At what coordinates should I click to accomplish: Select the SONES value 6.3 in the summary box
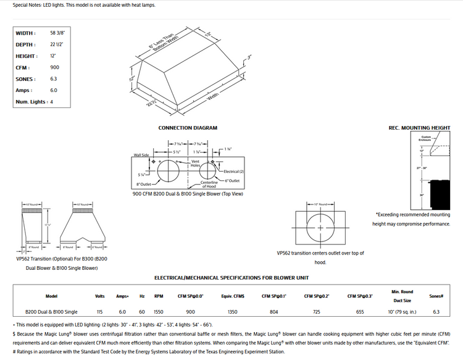pyautogui.click(x=53, y=79)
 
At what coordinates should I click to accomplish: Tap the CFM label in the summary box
pyautogui.click(x=22, y=67)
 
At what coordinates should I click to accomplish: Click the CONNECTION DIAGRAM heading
pyautogui.click(x=188, y=128)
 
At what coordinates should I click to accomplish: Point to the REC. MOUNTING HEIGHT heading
pyautogui.click(x=419, y=128)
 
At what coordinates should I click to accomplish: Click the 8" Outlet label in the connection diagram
pyautogui.click(x=144, y=184)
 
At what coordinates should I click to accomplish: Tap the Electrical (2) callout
pyautogui.click(x=233, y=171)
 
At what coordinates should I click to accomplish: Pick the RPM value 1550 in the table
pyautogui.click(x=159, y=312)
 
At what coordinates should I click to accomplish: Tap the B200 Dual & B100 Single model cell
pyautogui.click(x=51, y=312)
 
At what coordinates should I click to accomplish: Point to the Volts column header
pyautogui.click(x=100, y=296)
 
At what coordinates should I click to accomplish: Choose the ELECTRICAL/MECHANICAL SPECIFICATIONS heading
pyautogui.click(x=231, y=278)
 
